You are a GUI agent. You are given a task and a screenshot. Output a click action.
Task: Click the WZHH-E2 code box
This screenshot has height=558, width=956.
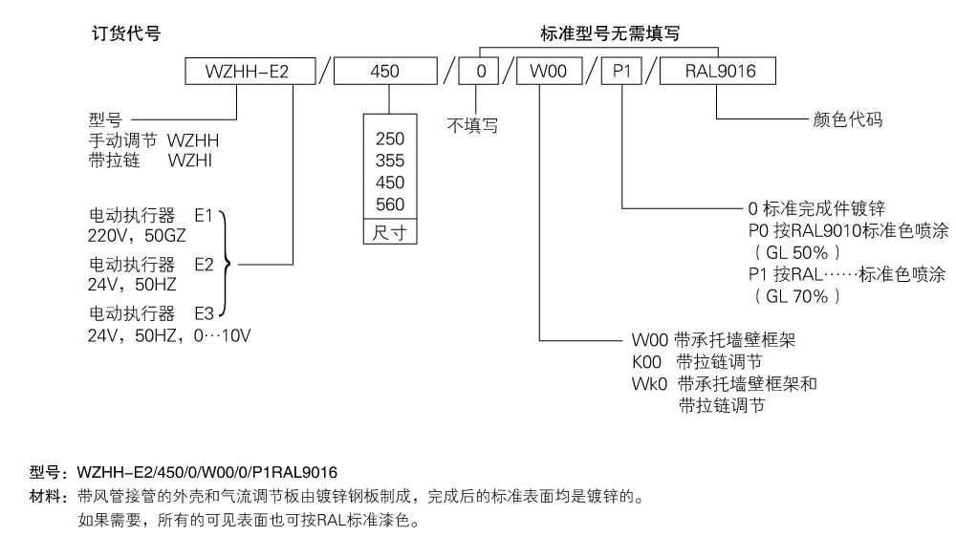[248, 72]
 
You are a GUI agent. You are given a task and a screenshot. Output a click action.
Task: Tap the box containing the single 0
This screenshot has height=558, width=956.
[480, 72]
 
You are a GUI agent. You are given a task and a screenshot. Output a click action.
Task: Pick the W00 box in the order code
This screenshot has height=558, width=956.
[542, 72]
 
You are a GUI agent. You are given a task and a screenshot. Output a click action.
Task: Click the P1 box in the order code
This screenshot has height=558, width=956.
[621, 72]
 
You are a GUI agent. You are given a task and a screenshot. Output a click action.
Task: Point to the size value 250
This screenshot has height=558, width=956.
[390, 139]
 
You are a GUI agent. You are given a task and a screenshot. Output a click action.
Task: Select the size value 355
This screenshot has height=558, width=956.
[390, 161]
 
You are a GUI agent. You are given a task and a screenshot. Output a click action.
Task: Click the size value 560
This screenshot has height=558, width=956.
[390, 204]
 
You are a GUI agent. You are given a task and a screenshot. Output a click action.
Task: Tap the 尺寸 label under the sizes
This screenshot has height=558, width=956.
[390, 233]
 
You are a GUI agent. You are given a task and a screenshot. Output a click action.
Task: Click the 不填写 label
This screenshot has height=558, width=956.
[472, 124]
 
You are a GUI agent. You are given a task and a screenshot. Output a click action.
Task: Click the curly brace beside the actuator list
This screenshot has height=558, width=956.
[226, 263]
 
